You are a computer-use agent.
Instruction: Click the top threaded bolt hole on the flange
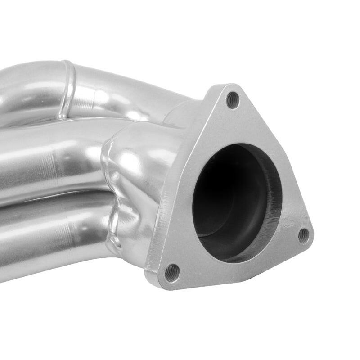point(232,100)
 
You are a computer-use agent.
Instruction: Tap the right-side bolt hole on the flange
point(304,235)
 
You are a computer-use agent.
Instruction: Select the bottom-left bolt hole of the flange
point(172,272)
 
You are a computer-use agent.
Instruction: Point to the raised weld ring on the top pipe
point(67,90)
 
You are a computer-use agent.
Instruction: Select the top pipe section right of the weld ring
point(117,90)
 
